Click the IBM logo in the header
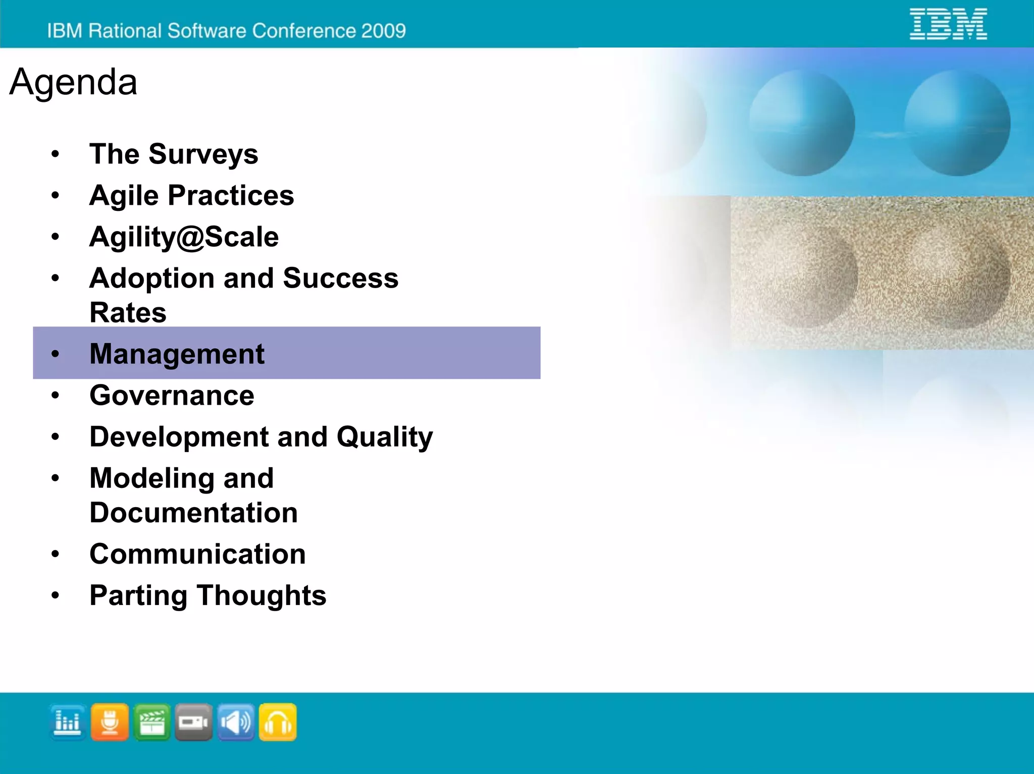point(948,24)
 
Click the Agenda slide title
point(73,82)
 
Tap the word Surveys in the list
point(203,154)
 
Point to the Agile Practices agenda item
point(191,195)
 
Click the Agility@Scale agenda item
point(184,237)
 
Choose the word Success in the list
point(340,278)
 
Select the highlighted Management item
point(177,353)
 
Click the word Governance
point(172,395)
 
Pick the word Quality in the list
point(385,436)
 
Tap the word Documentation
point(193,513)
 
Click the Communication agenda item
point(197,554)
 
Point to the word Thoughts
point(262,595)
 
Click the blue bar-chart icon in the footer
point(68,722)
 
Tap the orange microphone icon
point(110,722)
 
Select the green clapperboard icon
point(152,722)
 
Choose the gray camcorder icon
point(193,722)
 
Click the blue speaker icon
point(236,722)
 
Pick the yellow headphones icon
point(278,722)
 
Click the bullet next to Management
point(55,354)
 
